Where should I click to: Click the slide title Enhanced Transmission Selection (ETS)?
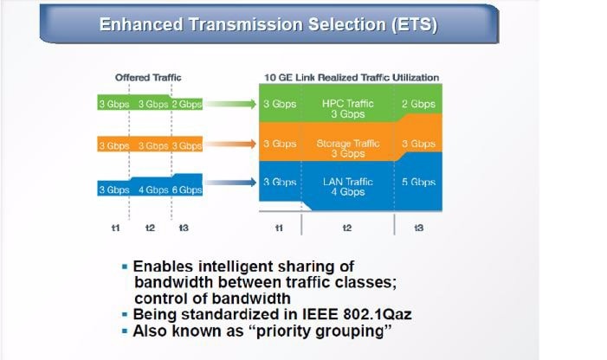pos(268,24)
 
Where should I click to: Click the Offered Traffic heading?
pos(148,77)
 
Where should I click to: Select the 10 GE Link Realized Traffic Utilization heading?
pos(352,77)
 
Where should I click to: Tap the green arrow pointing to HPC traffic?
pos(230,104)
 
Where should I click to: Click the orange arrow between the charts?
pos(230,145)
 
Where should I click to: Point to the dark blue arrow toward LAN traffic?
pos(230,182)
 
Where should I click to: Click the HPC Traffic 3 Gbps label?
pos(347,109)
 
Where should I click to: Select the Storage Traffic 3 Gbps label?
pos(347,149)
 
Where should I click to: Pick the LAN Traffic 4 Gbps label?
pos(347,187)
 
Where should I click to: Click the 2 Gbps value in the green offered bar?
pos(186,104)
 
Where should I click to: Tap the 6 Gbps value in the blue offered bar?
pos(186,190)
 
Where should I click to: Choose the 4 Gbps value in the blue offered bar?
pos(153,190)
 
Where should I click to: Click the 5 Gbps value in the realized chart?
pos(418,182)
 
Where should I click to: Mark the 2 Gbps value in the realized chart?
pos(418,104)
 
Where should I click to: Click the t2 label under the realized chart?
pos(347,228)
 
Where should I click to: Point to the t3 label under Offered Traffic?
pos(184,228)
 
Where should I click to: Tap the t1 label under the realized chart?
pos(279,228)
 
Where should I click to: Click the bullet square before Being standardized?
pos(125,315)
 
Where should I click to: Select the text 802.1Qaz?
pos(378,314)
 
